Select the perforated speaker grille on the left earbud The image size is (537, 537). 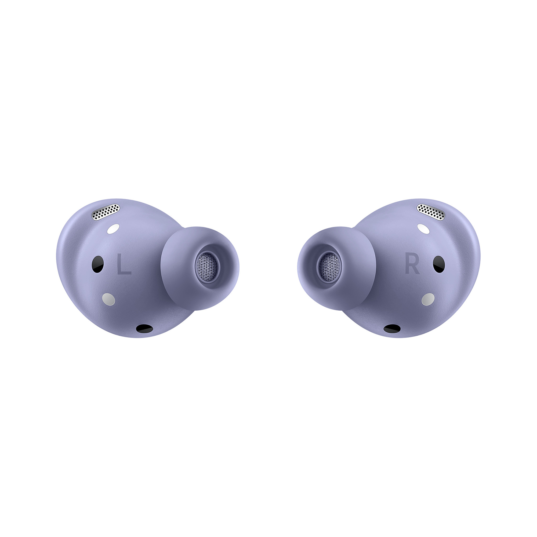click(x=106, y=212)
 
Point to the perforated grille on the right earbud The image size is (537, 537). click(x=431, y=212)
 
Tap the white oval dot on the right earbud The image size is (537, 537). click(x=423, y=229)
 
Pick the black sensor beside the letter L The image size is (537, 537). click(x=98, y=264)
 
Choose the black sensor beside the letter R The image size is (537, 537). click(x=439, y=264)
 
